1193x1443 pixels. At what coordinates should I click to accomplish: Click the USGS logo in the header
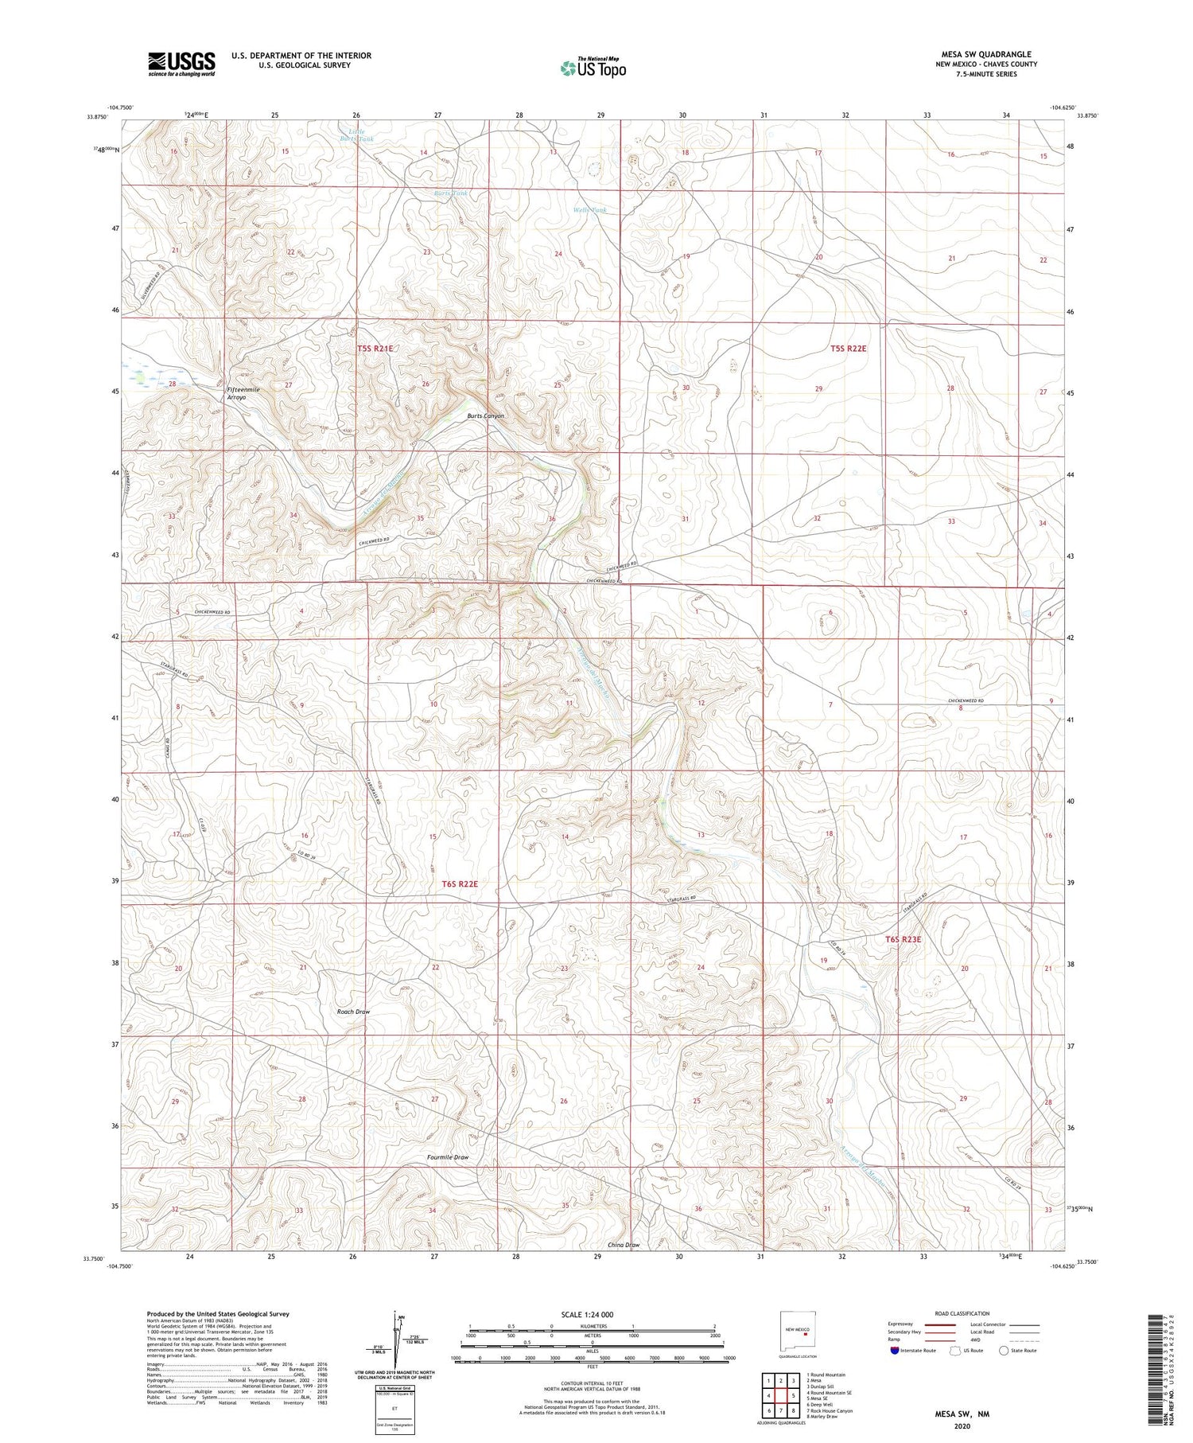click(x=181, y=64)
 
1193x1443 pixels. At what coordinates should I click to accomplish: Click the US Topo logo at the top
click(x=592, y=68)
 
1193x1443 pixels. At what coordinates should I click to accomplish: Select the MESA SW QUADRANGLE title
click(x=985, y=54)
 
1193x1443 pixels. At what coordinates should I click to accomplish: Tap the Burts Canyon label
click(x=485, y=416)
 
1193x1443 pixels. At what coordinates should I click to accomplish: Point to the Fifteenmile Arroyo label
click(x=243, y=393)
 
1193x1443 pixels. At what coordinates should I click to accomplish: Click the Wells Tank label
click(x=589, y=210)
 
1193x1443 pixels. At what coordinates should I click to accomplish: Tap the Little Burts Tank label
click(x=356, y=135)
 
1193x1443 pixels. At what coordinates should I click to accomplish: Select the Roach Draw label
click(x=353, y=1012)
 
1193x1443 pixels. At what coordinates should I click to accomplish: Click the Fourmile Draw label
click(x=448, y=1157)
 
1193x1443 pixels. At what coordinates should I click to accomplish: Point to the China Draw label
click(x=623, y=1244)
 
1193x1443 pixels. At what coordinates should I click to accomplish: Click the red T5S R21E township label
click(x=375, y=349)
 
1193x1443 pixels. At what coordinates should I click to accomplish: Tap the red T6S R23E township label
click(x=903, y=939)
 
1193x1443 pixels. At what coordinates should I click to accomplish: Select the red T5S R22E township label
click(x=848, y=349)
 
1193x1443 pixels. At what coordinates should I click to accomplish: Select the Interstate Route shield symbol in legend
click(x=895, y=1351)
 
